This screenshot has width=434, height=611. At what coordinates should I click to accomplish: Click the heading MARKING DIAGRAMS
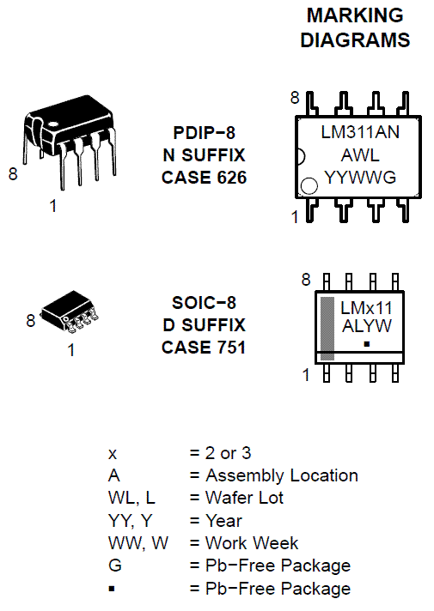pos(355,27)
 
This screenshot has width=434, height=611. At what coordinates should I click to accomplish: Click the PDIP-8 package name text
pos(204,133)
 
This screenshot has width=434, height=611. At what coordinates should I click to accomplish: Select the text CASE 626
pos(204,178)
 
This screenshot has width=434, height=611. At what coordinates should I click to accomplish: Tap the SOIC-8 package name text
pos(204,303)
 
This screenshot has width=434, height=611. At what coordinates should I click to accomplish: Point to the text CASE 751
pos(204,348)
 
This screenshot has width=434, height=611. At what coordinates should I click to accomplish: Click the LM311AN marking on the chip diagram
pos(360,133)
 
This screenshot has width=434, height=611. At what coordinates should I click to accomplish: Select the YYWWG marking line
pos(360,178)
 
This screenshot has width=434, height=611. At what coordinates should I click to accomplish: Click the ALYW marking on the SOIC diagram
pos(366,326)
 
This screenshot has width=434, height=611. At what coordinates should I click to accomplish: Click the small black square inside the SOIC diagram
pos(366,343)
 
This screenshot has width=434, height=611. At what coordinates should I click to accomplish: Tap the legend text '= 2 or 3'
pos(220,453)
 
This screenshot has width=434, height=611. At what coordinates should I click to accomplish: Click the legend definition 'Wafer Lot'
pos(244,498)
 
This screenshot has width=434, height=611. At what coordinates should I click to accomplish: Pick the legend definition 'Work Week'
pos(252,543)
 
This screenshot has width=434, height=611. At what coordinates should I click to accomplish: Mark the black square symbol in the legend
pos(112,588)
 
